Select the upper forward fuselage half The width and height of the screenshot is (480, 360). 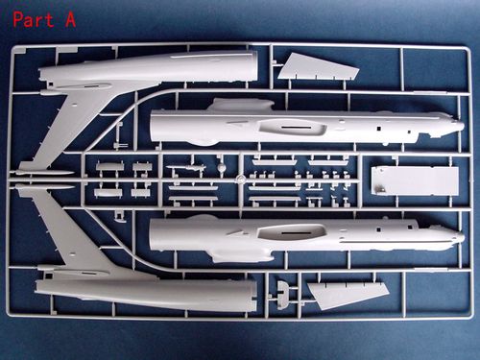click(288, 126)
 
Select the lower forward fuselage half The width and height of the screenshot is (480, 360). click(288, 234)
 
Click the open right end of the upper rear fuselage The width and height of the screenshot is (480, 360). click(252, 65)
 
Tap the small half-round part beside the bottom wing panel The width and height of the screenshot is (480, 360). click(281, 289)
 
